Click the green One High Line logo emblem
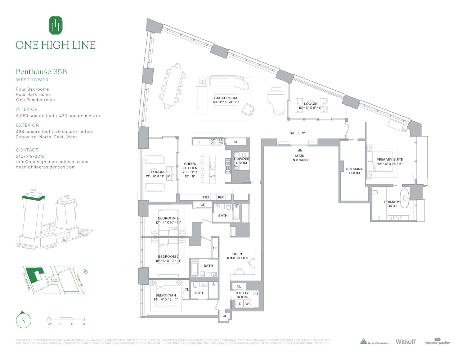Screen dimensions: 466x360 coord(55,26)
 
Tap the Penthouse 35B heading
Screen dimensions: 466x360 coord(41,72)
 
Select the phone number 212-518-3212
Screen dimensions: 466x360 coord(30,156)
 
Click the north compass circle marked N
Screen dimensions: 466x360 coord(24,320)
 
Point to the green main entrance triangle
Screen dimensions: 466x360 coord(300,150)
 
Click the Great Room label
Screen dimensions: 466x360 coord(225,98)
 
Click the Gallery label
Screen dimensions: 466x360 coord(297,133)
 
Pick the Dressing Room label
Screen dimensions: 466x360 coord(354,171)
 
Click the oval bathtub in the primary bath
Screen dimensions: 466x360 coord(405,198)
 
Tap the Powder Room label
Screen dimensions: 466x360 coord(241,161)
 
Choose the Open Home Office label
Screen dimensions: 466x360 coord(237,256)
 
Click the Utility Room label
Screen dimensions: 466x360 coord(242,295)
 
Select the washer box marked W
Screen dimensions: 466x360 coord(247,304)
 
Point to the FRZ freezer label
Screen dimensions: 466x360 coord(206,197)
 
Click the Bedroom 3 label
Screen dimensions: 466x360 coord(168,257)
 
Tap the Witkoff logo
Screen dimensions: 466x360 coord(405,342)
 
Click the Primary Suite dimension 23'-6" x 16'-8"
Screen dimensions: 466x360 coord(389,164)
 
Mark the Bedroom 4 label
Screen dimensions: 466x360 coord(166,295)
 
